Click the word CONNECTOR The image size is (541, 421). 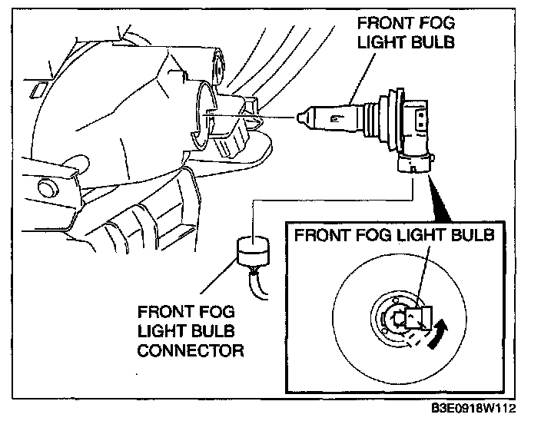coord(191,351)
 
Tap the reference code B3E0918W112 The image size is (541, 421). coord(483,408)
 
